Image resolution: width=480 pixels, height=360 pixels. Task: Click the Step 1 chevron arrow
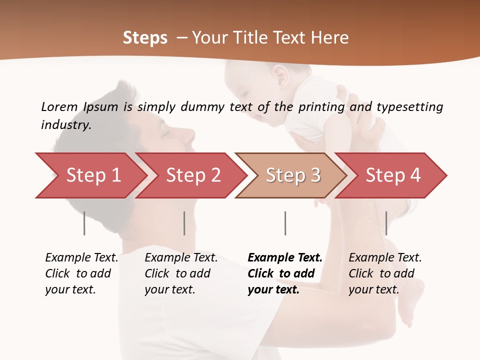coord(90,175)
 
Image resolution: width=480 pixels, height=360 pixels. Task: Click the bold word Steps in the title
coord(145,38)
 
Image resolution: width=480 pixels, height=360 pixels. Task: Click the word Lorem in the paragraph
coord(59,107)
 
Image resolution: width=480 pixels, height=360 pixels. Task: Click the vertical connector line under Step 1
coord(84,223)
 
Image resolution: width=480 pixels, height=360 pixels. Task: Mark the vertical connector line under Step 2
coord(184,223)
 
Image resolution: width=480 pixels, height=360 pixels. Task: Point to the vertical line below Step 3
coord(285,223)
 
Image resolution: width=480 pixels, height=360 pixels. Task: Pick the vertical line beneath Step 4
coord(386,223)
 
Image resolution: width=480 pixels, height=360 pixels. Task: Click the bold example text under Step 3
coord(285,273)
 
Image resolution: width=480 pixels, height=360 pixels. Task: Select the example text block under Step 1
coord(81,273)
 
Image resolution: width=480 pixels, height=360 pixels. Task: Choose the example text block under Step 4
coord(385,273)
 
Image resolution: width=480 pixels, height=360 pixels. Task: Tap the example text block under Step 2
coord(181,273)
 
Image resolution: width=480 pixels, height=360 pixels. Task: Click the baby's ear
coord(280,75)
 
